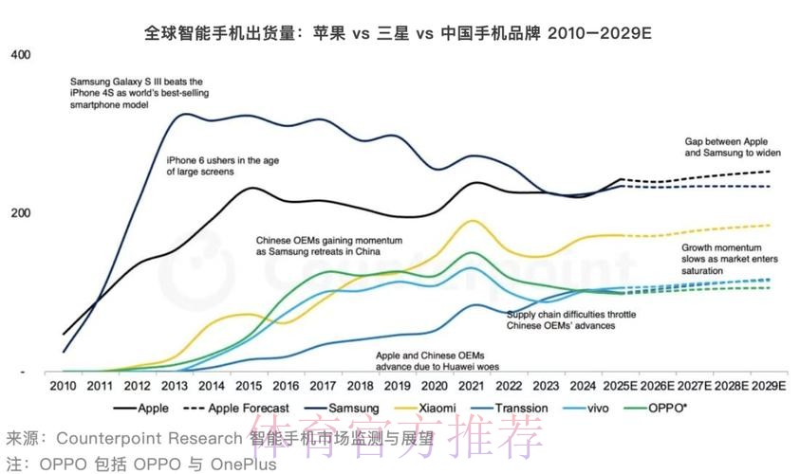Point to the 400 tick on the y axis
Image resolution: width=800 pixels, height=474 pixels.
click(x=19, y=56)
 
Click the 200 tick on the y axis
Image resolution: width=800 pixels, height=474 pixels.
click(x=19, y=212)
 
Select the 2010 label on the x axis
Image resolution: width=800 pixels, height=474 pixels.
click(x=63, y=387)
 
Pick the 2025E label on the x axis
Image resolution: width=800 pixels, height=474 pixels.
click(x=621, y=387)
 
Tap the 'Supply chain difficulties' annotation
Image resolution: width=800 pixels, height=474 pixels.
click(x=570, y=319)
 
